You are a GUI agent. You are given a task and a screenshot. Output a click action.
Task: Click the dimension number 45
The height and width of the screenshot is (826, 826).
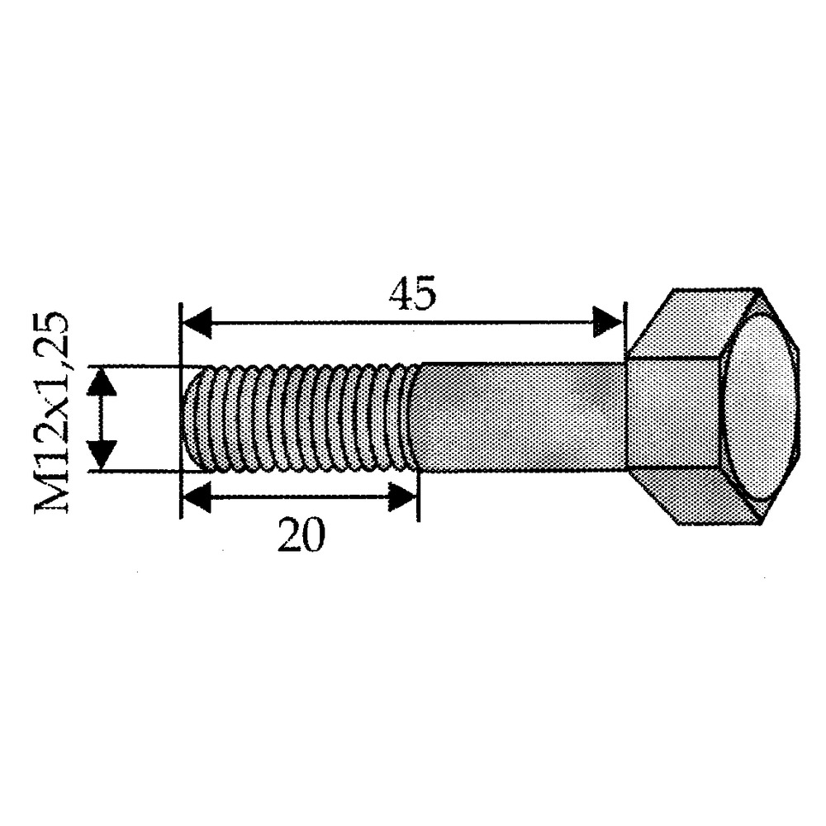click(411, 295)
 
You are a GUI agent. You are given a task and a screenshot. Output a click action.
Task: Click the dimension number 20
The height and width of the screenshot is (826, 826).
click(301, 536)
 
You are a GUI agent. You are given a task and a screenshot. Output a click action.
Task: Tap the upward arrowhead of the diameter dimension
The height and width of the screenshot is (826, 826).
click(101, 382)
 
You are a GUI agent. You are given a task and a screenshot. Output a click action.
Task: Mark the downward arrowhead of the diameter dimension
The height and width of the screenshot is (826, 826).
click(101, 454)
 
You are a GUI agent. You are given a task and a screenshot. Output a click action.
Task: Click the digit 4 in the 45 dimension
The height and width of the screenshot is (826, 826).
click(397, 295)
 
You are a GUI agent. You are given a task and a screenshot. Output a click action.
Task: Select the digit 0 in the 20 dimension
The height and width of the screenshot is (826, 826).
click(314, 536)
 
